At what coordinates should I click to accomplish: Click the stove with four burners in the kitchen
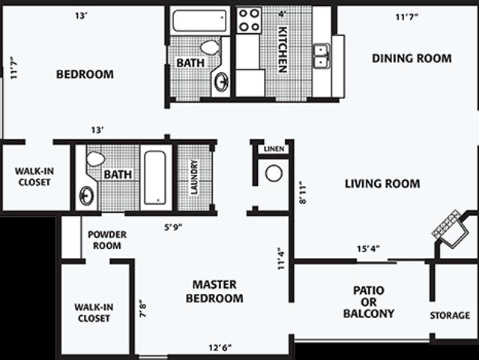250,19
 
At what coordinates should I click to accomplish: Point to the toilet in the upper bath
210,48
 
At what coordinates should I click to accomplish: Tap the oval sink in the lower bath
86,196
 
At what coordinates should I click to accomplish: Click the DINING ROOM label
412,58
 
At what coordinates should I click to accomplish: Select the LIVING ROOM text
382,184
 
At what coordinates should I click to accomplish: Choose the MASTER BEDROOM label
214,292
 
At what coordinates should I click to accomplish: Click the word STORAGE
450,316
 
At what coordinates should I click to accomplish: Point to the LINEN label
274,149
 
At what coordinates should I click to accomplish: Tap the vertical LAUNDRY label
194,176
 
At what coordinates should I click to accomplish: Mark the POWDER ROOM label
107,239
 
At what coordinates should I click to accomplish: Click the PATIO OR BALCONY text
368,301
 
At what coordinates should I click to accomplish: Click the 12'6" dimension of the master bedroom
220,347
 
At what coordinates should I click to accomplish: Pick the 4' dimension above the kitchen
283,13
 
